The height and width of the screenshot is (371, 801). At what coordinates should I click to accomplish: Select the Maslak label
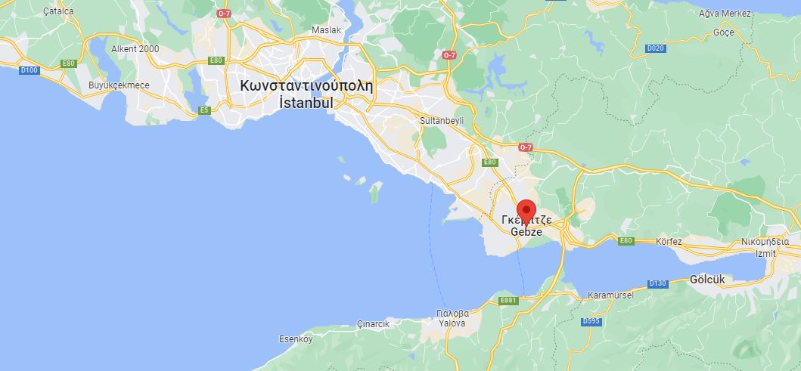coord(327,30)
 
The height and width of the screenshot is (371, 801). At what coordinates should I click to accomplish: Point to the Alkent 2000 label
coord(135,49)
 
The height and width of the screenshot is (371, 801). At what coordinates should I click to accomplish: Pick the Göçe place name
coord(724,33)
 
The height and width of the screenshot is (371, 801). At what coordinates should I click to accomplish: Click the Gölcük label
coord(707,280)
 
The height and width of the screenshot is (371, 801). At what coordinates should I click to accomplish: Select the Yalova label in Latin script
coord(453,323)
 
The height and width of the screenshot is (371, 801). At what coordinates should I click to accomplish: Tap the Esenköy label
coord(296,339)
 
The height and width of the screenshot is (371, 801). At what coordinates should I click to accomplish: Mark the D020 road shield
coord(656,48)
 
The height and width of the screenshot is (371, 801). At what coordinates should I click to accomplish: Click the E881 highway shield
coord(508,301)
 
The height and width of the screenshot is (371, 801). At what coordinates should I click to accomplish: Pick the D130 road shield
coord(658,283)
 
